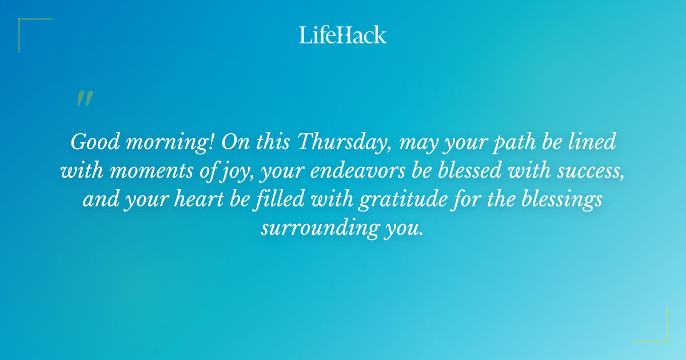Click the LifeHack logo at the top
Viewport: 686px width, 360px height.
pyautogui.click(x=343, y=35)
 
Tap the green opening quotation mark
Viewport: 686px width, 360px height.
pyautogui.click(x=84, y=99)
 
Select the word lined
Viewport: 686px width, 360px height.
pyautogui.click(x=593, y=142)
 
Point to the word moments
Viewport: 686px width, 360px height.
pyautogui.click(x=153, y=171)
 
